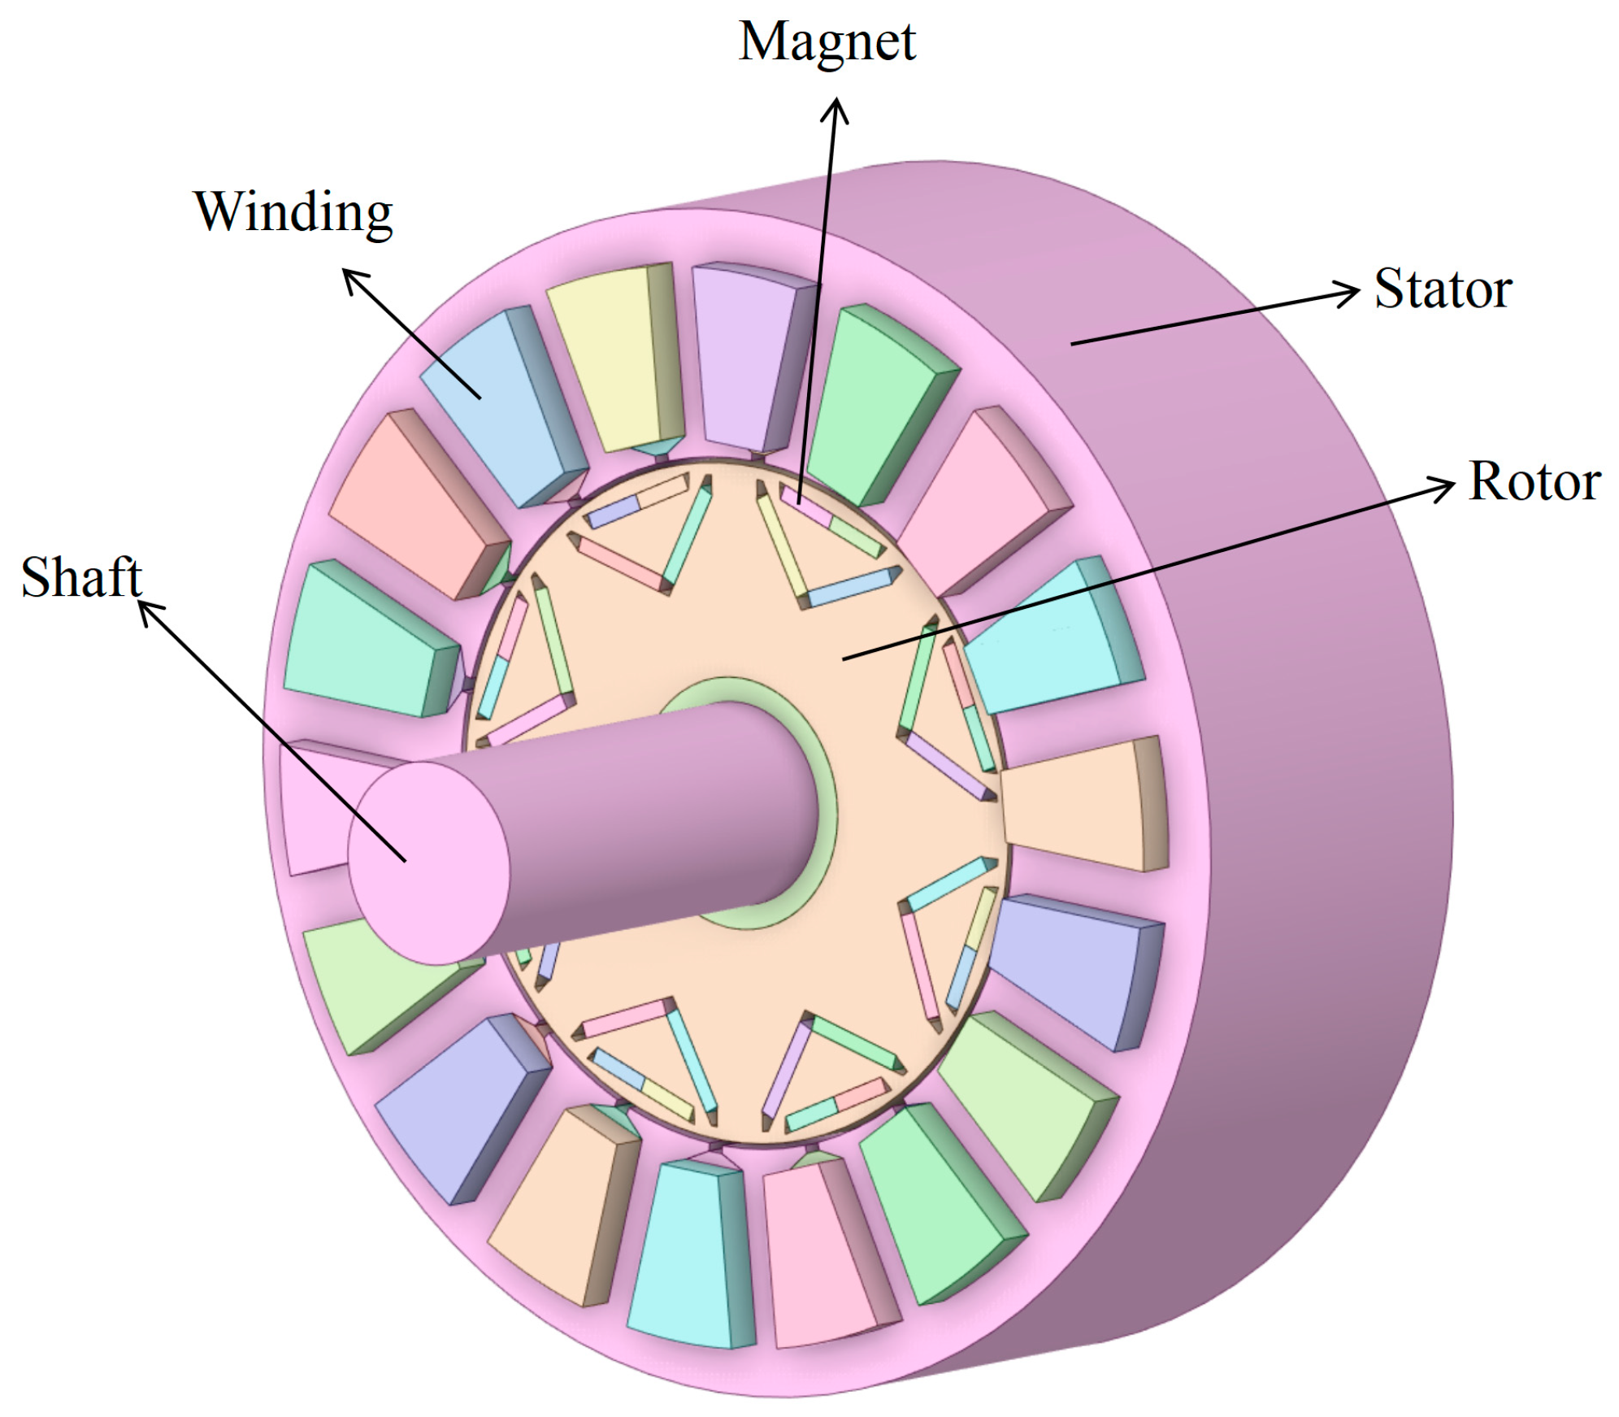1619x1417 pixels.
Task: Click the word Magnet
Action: click(x=827, y=42)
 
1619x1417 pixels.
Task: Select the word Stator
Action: click(x=1443, y=289)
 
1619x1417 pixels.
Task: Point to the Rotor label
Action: click(x=1534, y=481)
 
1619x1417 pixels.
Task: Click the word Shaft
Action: click(x=81, y=577)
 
